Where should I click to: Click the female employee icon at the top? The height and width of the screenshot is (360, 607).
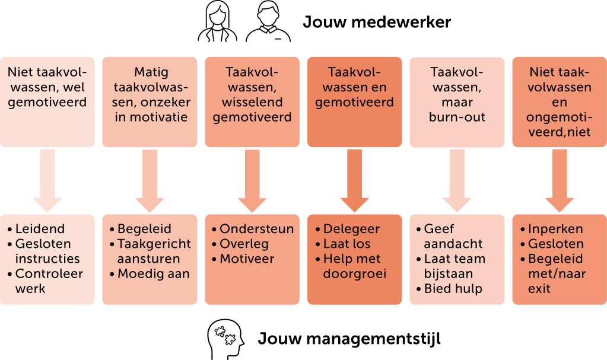pos(217,23)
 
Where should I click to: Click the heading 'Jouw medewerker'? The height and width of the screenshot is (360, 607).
pos(377,23)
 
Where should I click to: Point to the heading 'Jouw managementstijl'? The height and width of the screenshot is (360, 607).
pos(349,339)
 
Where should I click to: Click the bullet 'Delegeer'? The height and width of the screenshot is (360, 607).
pos(352,229)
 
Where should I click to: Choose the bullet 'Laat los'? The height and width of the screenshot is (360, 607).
pos(347,244)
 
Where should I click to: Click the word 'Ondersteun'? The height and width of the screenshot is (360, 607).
pos(256,229)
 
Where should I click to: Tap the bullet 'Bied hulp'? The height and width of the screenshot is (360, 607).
pos(453,289)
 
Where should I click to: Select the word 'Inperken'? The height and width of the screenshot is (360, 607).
pos(555,229)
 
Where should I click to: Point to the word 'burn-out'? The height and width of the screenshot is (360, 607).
pos(457,117)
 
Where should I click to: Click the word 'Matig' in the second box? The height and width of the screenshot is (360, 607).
pos(150,72)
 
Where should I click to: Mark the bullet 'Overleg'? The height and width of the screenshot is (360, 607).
pos(244,244)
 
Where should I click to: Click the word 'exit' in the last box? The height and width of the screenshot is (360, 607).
pos(539,289)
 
